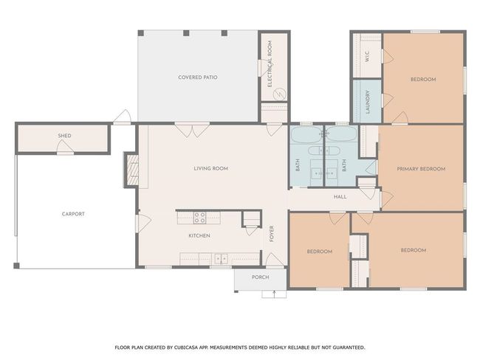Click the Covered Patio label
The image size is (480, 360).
coord(198,77)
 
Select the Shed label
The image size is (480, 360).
coord(64,136)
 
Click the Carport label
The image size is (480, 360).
coord(73,214)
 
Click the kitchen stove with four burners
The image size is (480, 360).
coord(199,218)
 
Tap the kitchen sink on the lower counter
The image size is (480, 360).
coord(221,259)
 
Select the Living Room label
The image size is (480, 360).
coord(211,168)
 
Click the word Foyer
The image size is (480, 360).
coord(272,234)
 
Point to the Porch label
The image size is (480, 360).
coord(261,277)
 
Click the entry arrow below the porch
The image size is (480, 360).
coord(274,294)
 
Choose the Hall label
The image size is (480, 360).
coord(340,197)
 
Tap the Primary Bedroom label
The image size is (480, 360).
coord(421,169)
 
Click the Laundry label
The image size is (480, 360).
coord(368,102)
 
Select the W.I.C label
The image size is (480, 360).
coord(367,57)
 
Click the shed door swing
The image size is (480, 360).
coord(65,146)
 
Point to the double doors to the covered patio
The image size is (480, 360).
coord(192,130)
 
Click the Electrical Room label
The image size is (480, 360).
coord(270,64)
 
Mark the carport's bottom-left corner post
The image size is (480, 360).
coord(16,266)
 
